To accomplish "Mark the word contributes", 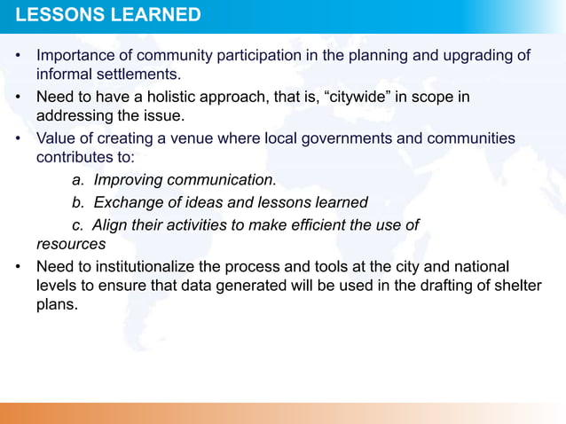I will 76,159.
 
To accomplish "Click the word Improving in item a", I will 129,181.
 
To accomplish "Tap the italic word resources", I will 71,243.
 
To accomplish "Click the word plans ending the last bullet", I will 57,305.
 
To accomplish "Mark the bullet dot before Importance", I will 19,58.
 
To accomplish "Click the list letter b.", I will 76,203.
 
